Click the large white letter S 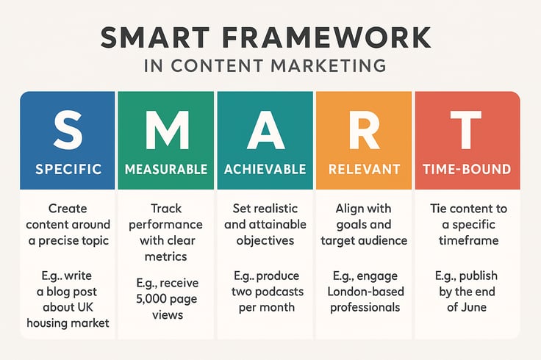68,131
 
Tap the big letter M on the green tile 166,131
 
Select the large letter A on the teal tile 265,131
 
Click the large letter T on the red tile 466,131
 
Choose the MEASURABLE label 166,170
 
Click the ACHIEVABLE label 265,170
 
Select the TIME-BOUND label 466,170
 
